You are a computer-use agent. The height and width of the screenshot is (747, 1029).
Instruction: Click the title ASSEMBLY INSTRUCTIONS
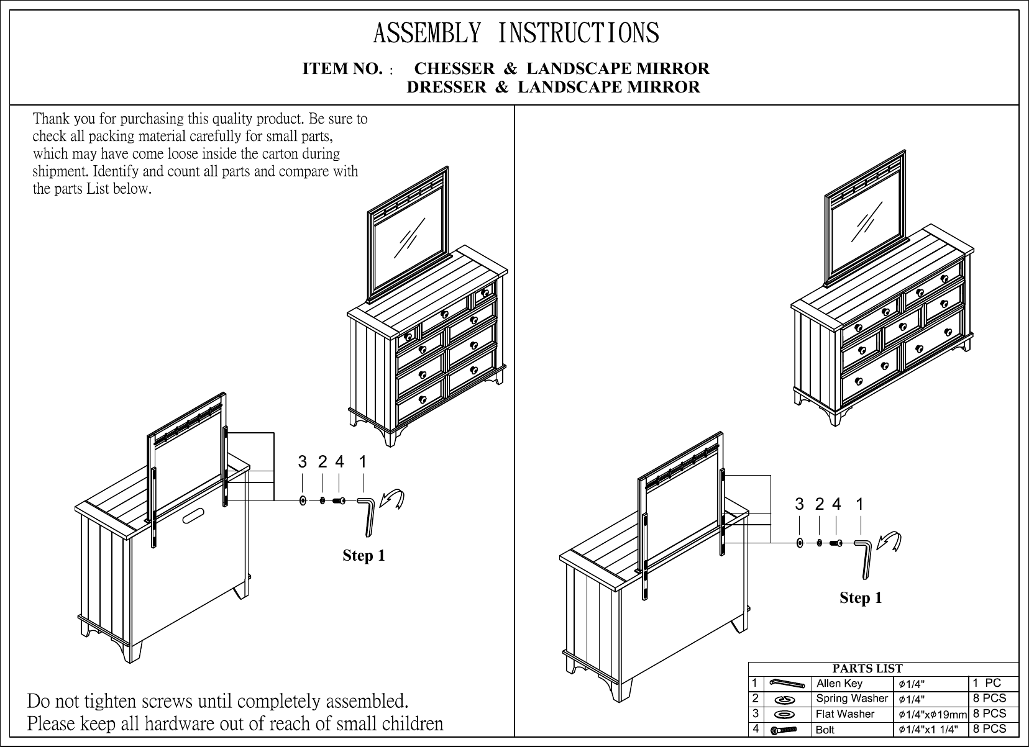pos(516,33)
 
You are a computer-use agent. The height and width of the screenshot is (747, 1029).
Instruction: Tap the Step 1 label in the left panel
pos(364,555)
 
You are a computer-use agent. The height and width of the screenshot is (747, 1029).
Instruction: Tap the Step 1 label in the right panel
pos(861,597)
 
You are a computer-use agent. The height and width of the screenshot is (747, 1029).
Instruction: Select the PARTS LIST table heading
pos(867,669)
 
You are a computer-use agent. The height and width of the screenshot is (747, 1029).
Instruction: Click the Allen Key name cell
pos(839,684)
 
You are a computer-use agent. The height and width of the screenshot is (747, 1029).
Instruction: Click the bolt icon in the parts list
pos(784,730)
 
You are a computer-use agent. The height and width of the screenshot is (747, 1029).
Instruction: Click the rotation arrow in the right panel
pos(890,541)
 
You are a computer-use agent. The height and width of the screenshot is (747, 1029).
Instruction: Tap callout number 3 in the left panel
pos(302,462)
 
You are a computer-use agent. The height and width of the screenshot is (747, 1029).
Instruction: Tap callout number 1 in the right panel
pos(859,505)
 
